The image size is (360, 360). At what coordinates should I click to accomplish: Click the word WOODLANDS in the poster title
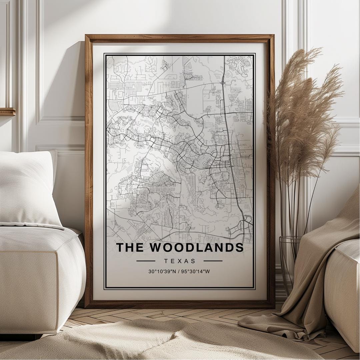(x=196, y=248)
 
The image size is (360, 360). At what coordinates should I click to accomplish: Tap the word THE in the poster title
(x=130, y=248)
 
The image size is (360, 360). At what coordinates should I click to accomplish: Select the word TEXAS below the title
(x=180, y=261)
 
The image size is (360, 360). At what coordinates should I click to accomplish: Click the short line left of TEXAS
(x=146, y=261)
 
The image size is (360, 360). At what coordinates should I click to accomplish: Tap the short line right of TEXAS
(x=213, y=261)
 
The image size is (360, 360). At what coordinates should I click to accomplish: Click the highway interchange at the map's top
(x=222, y=82)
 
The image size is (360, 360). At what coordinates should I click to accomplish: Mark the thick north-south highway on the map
(x=230, y=150)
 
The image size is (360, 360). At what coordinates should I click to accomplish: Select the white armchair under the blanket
(x=343, y=283)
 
